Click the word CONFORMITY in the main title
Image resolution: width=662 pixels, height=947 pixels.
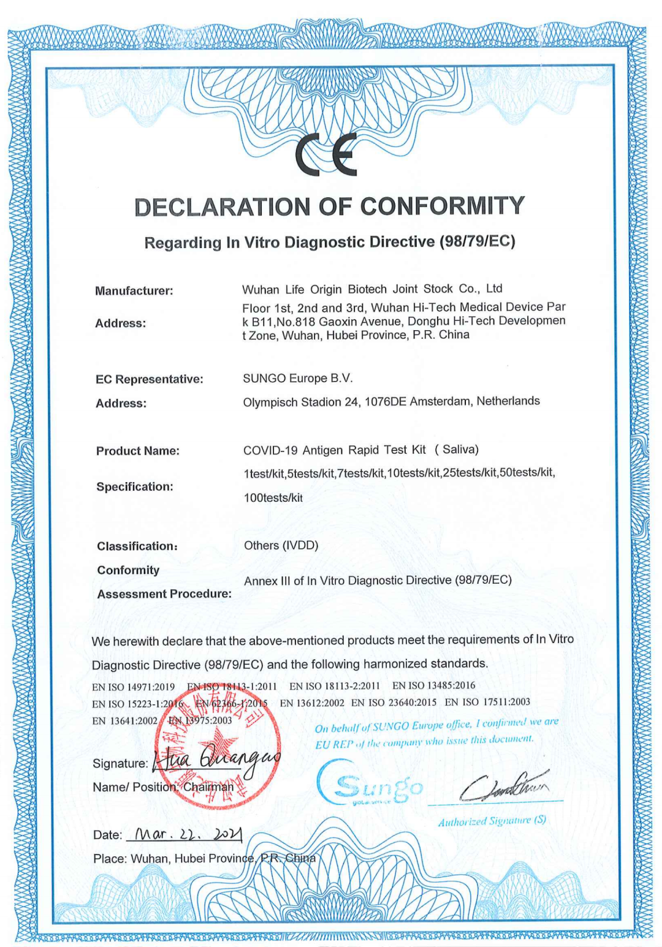442,206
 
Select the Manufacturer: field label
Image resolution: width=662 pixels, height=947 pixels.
134,291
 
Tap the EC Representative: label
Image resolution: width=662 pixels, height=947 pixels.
149,379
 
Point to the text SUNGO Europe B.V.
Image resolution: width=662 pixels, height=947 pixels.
298,379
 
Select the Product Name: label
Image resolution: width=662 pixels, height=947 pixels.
138,451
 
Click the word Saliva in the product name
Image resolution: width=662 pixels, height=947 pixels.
460,450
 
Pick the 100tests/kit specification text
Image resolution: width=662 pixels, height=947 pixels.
273,498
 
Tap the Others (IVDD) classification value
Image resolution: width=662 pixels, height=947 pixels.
281,545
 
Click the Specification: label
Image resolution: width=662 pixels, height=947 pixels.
135,487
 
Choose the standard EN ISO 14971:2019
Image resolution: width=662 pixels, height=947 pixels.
133,687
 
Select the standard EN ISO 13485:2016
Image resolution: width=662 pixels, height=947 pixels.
433,685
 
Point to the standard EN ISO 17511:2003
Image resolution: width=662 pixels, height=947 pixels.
487,702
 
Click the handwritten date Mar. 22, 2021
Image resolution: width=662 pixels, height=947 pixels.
184,834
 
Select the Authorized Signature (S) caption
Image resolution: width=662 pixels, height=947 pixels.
492,821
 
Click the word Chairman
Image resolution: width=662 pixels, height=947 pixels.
208,787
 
